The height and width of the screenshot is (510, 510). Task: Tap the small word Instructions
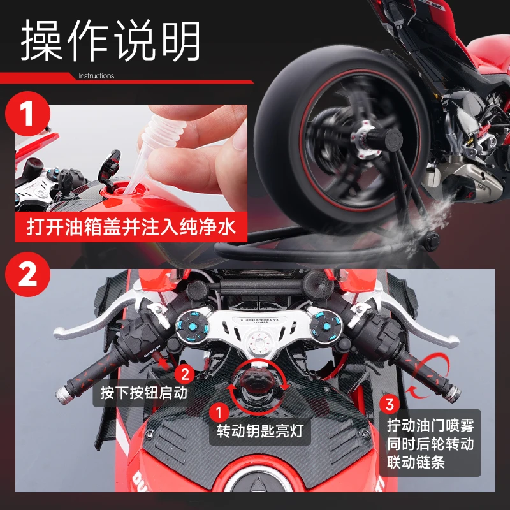click(96, 76)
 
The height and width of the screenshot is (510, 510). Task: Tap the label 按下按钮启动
click(143, 392)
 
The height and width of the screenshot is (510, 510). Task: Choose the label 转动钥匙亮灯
click(260, 432)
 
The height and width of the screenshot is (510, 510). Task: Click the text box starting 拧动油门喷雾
click(430, 443)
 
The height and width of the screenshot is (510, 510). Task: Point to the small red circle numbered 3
click(390, 403)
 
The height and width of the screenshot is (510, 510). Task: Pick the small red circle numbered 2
click(186, 373)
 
